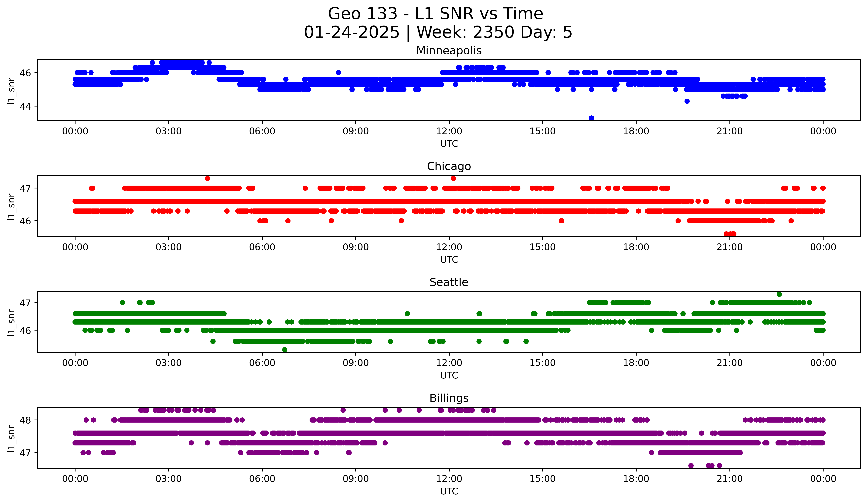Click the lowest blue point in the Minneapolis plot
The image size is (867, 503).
coord(591,118)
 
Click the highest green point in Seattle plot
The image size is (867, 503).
coord(779,294)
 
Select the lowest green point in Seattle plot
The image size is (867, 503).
coord(285,350)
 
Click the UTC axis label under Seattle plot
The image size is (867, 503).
coord(449,375)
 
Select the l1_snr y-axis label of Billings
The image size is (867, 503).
coord(11,438)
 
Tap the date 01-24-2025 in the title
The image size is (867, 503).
coord(352,32)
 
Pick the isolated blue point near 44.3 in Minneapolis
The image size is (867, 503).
coord(687,101)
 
